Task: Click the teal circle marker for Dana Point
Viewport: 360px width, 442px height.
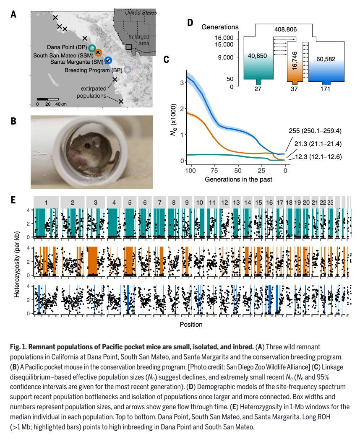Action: (x=92, y=48)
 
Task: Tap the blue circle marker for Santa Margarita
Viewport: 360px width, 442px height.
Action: (x=108, y=60)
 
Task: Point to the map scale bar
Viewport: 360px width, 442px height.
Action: (x=47, y=99)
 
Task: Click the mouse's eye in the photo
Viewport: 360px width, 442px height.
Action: (x=86, y=145)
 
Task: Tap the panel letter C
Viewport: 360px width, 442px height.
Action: (x=166, y=60)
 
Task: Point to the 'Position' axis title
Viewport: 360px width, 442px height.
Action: (x=191, y=324)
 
